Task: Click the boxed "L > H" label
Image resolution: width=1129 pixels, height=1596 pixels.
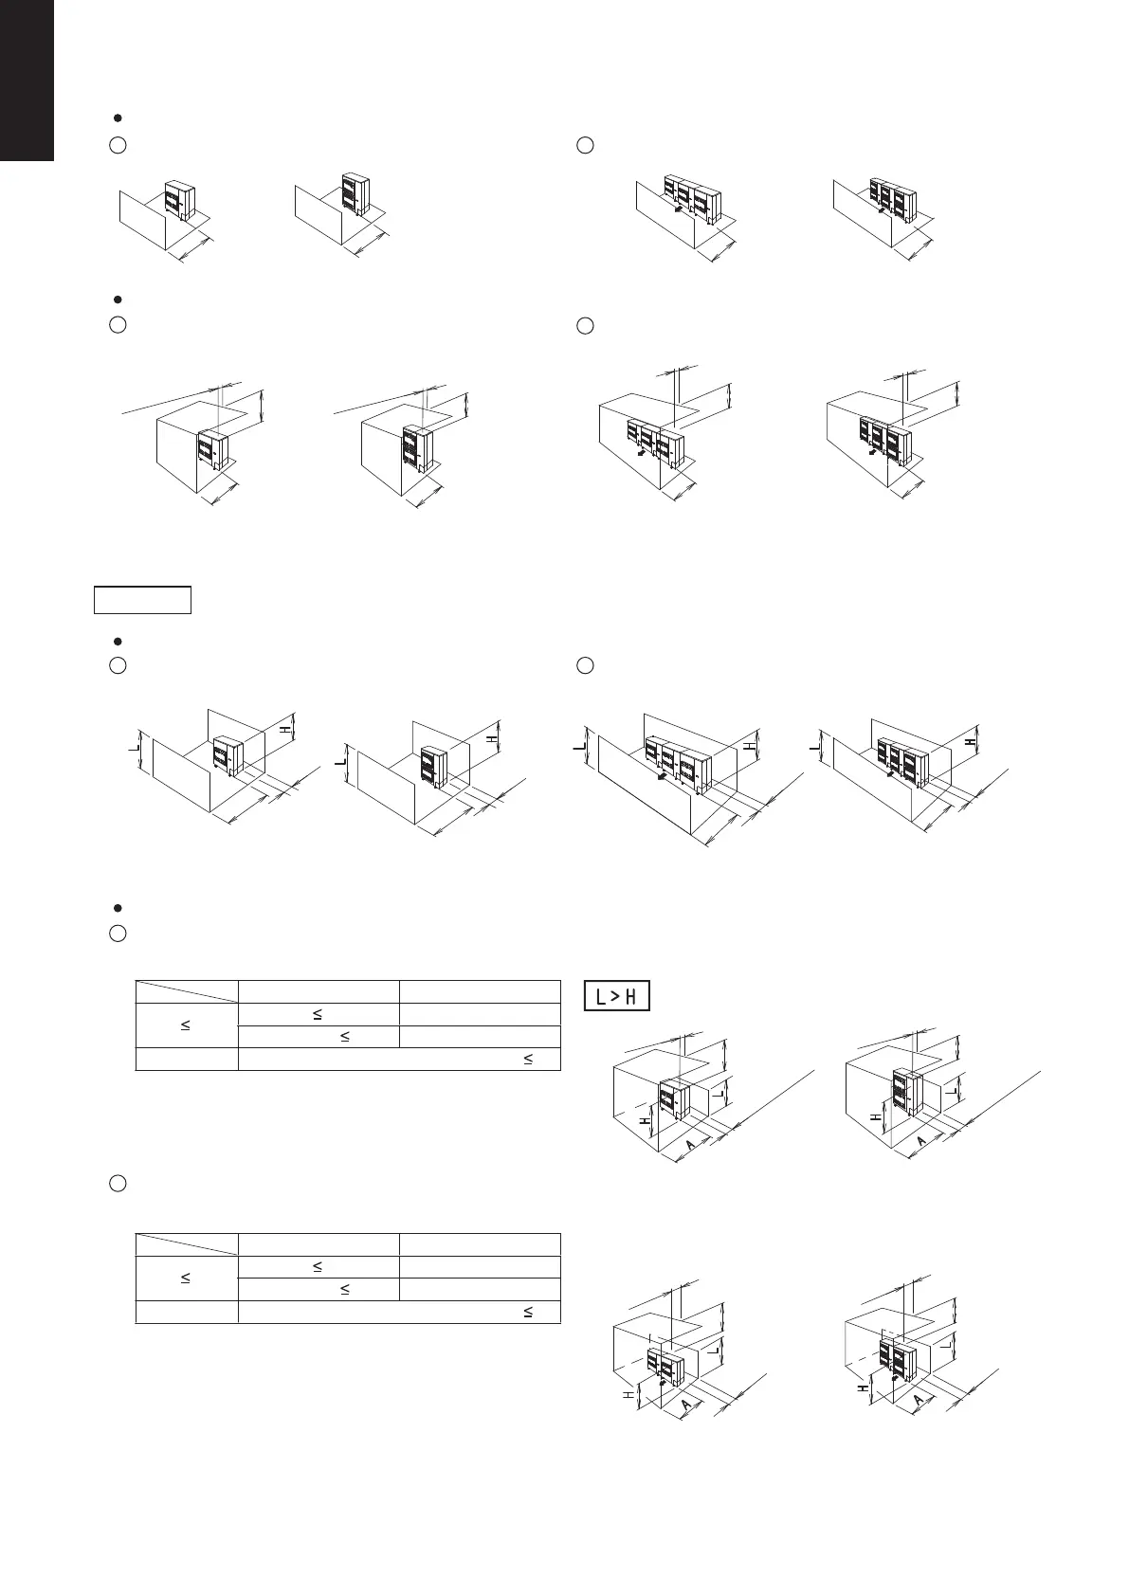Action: point(617,997)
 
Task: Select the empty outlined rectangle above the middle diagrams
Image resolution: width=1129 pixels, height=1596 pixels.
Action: point(142,600)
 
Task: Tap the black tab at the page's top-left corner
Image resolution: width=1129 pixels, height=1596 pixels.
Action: point(27,80)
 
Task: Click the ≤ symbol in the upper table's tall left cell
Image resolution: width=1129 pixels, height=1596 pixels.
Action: point(186,1025)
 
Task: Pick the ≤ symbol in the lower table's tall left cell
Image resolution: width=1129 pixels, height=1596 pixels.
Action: point(186,1279)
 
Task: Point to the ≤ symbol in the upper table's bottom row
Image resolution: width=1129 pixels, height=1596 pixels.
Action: point(528,1060)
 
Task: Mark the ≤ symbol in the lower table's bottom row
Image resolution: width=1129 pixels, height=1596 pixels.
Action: point(528,1313)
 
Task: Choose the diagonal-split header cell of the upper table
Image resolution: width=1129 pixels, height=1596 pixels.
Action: point(187,991)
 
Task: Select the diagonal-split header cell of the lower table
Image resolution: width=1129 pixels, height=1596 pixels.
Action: point(187,1244)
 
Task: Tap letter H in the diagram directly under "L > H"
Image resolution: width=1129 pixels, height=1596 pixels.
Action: point(645,1119)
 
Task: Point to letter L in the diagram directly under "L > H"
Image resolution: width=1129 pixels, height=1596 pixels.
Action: point(720,1093)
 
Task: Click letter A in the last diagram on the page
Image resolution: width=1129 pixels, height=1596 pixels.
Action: point(919,1400)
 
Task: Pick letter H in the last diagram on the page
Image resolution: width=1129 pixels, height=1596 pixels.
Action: point(863,1387)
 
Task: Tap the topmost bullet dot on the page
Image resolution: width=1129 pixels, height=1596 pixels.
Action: point(116,118)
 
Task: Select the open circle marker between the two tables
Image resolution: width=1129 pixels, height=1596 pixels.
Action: point(118,1183)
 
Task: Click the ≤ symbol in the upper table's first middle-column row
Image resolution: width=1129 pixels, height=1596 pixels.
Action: point(318,1014)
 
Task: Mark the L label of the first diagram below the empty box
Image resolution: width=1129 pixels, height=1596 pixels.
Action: point(133,751)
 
